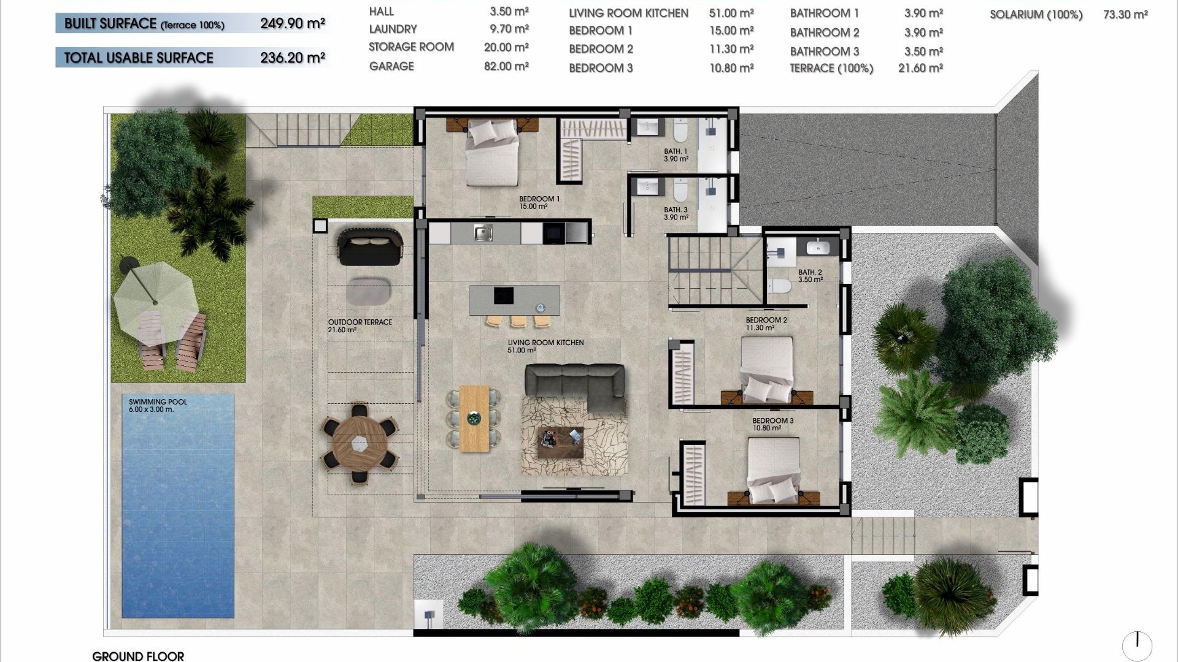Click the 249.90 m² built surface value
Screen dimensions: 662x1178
click(292, 24)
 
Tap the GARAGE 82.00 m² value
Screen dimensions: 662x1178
click(506, 66)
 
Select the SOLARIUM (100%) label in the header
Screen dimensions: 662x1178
click(1036, 15)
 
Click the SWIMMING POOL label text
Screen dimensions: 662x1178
click(158, 402)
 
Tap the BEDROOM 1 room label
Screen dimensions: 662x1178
click(539, 199)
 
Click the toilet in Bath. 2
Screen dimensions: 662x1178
click(780, 286)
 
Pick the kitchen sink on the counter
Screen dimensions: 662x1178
click(483, 233)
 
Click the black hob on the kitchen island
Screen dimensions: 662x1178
click(504, 295)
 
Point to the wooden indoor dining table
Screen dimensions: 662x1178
click(474, 418)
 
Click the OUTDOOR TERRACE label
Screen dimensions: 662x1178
click(360, 322)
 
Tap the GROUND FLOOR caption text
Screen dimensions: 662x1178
click(138, 656)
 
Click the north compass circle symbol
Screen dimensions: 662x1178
click(1137, 645)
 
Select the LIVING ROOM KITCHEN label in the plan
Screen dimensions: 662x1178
click(545, 343)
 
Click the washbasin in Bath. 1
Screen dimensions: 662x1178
click(647, 127)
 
